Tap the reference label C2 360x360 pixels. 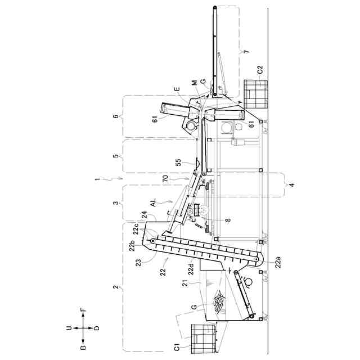pyautogui.click(x=260, y=70)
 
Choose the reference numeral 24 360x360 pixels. pyautogui.click(x=144, y=215)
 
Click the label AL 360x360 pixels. pyautogui.click(x=153, y=201)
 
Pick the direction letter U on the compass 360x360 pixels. pyautogui.click(x=69, y=328)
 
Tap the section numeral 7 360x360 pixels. pyautogui.click(x=244, y=52)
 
